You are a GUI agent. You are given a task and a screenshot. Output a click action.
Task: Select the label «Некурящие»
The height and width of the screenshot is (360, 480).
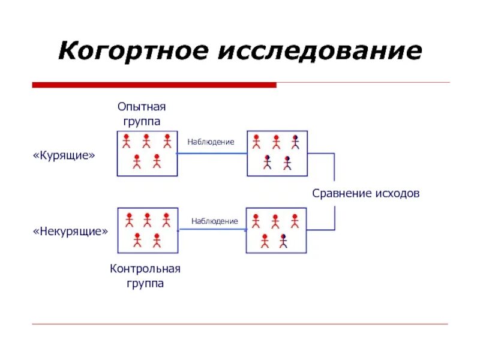70,231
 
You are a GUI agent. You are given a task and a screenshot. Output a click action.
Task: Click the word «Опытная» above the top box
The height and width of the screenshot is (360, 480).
142,107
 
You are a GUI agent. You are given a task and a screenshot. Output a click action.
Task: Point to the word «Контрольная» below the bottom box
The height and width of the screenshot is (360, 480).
145,269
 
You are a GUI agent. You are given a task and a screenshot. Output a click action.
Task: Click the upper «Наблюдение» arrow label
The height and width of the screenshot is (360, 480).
211,142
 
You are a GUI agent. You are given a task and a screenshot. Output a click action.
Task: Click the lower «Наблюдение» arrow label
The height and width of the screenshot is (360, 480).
215,221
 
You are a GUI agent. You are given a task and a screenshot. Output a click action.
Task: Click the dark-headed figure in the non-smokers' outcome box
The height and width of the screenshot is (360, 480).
284,241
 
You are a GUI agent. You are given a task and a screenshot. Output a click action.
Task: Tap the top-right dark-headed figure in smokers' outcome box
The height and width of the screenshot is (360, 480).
295,142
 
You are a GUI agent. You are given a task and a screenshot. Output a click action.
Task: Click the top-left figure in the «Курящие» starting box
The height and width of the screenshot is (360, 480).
127,142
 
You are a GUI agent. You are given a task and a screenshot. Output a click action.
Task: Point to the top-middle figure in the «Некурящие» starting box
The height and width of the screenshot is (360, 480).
147,220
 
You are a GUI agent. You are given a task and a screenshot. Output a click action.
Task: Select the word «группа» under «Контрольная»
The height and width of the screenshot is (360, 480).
145,283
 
